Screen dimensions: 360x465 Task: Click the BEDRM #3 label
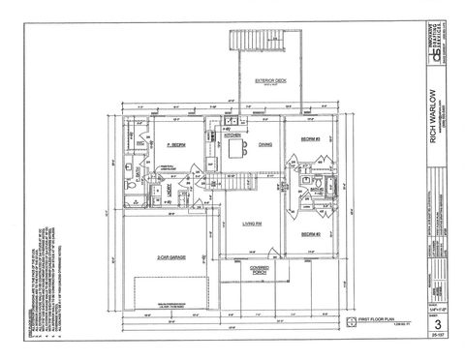(x=310, y=140)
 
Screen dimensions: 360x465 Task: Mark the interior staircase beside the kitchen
(x=234, y=180)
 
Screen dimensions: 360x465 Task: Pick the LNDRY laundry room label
(x=168, y=192)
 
